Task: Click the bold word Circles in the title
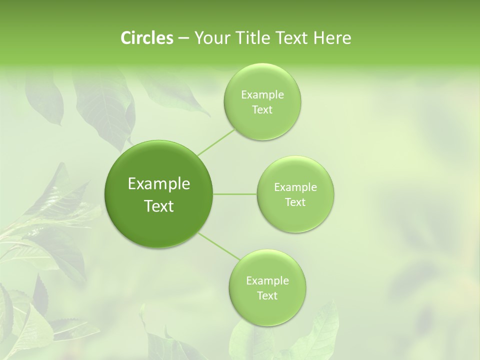(x=147, y=38)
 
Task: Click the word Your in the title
(x=210, y=38)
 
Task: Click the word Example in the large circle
(x=159, y=184)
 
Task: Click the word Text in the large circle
(x=159, y=206)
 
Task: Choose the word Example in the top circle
(x=262, y=95)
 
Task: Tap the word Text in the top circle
(x=262, y=110)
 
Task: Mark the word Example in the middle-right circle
(x=295, y=187)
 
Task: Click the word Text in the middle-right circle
(x=295, y=202)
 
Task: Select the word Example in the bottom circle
(x=267, y=280)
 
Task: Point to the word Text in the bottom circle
(x=267, y=295)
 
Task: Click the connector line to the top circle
(x=216, y=142)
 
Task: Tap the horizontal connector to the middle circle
(x=235, y=194)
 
